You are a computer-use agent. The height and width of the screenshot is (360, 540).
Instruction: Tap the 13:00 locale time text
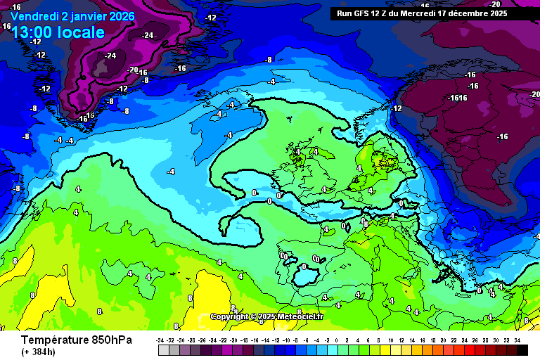tap(58, 32)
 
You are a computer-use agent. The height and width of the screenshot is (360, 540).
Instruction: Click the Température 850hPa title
tap(67, 340)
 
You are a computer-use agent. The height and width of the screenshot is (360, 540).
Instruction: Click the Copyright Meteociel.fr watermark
tap(267, 317)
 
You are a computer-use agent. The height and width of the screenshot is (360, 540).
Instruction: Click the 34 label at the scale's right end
tap(517, 340)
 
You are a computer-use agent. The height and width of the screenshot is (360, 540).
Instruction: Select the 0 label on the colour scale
tap(337, 340)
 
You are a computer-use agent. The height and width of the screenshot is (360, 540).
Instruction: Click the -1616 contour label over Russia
tap(457, 98)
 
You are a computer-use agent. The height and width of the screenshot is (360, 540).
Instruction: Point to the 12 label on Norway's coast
tap(397, 108)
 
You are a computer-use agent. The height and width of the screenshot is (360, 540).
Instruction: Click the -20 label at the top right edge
tap(534, 94)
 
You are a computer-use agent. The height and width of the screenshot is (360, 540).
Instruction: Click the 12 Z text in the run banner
tap(382, 13)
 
